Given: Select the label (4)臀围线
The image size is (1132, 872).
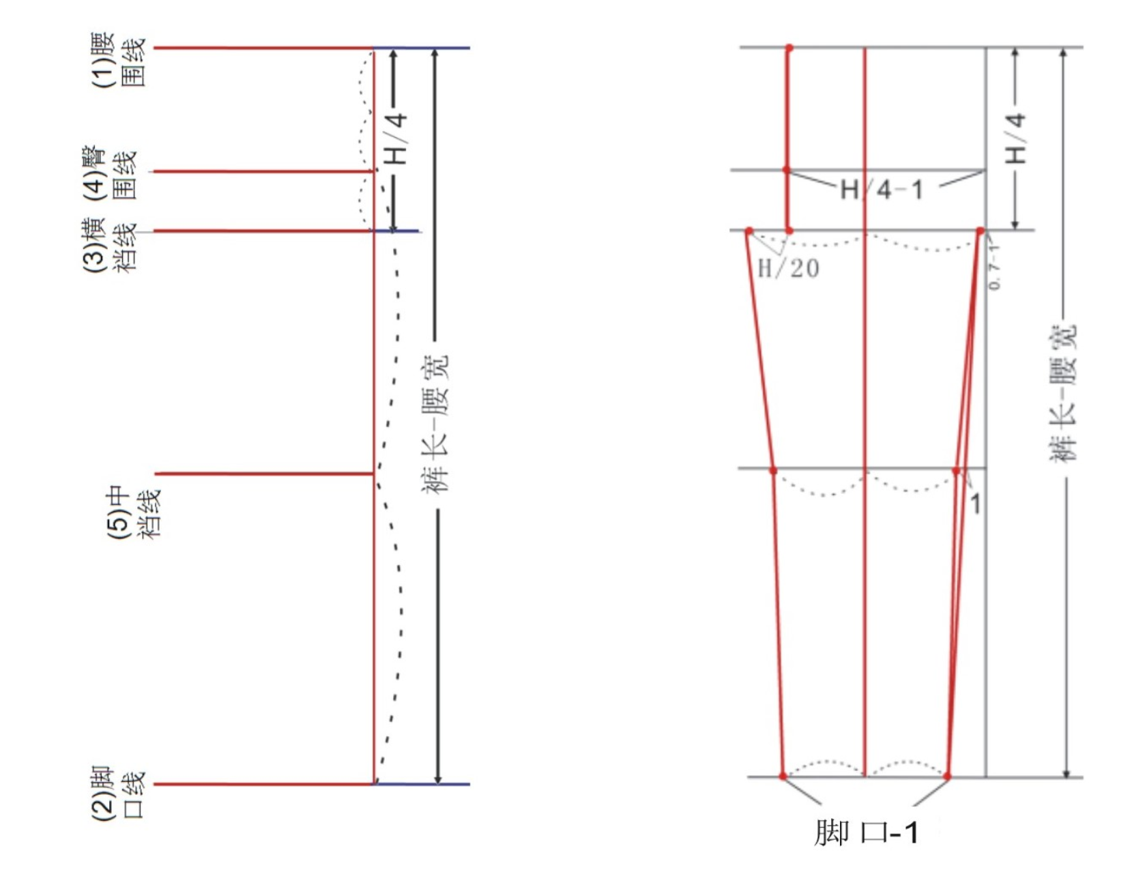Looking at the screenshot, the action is pyautogui.click(x=110, y=173).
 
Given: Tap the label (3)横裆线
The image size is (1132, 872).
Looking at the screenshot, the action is pyautogui.click(x=110, y=245).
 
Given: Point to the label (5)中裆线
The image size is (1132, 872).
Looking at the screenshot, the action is pyautogui.click(x=134, y=513).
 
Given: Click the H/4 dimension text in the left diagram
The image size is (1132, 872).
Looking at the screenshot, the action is pyautogui.click(x=396, y=139).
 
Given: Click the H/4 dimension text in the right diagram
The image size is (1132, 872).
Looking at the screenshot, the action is pyautogui.click(x=1015, y=139).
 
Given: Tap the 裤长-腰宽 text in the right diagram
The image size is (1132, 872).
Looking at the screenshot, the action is pyautogui.click(x=1062, y=393).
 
